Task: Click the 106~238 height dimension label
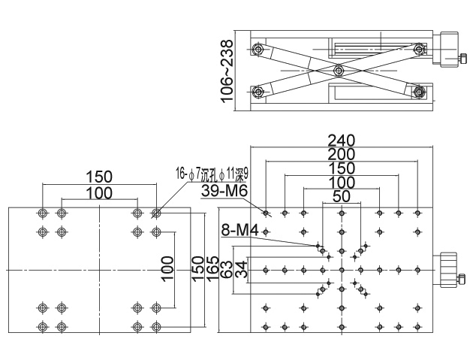coord(227,71)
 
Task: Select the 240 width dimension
coord(342,141)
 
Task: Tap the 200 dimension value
coord(342,154)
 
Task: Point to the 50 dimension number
coord(342,196)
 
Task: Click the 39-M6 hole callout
coord(224,191)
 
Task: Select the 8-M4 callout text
coord(240,230)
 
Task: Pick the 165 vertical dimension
coord(212,269)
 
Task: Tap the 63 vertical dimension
coord(227,269)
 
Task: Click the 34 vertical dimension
coord(241,270)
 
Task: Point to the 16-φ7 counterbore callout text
coord(212,174)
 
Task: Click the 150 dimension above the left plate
coord(99,177)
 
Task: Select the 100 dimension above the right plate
coord(342,183)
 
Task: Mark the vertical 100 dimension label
coord(167,269)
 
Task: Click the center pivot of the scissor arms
coord(339,71)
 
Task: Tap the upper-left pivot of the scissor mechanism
coord(258,50)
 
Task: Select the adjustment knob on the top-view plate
coord(449,270)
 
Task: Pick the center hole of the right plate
coord(342,270)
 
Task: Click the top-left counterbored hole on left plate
coord(43,213)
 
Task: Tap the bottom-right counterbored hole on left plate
coord(156,326)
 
